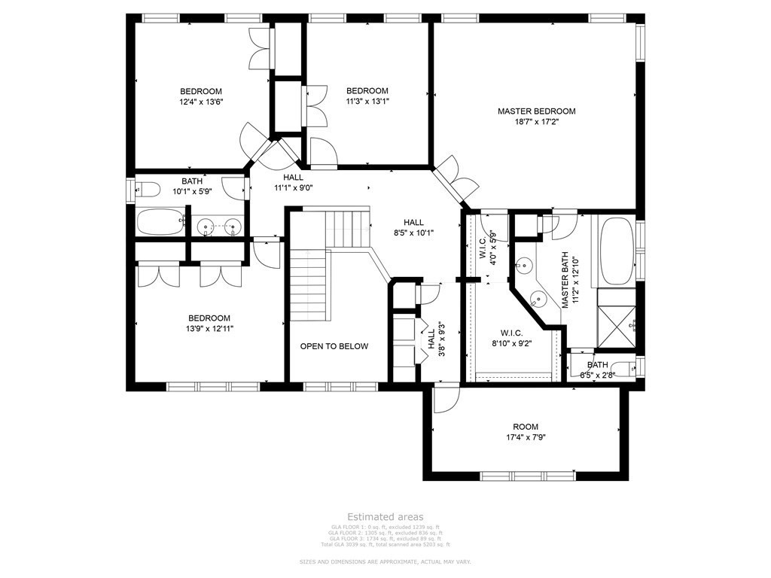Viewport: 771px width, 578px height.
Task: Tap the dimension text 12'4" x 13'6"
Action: pyautogui.click(x=201, y=102)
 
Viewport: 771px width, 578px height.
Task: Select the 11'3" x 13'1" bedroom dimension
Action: pyautogui.click(x=367, y=101)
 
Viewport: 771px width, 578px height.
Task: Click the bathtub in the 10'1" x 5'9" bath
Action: pyautogui.click(x=160, y=223)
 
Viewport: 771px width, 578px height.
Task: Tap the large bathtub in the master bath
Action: pyautogui.click(x=617, y=251)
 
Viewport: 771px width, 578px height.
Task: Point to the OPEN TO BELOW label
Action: pyautogui.click(x=334, y=346)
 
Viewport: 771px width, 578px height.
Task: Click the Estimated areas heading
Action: pyautogui.click(x=385, y=517)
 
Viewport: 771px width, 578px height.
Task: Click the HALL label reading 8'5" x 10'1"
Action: pyautogui.click(x=413, y=222)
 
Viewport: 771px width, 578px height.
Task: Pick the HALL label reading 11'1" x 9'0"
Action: pyautogui.click(x=293, y=177)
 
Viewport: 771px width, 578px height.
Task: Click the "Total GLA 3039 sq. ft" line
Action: pyautogui.click(x=385, y=544)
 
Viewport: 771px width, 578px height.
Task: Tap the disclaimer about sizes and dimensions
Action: pyautogui.click(x=385, y=562)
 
